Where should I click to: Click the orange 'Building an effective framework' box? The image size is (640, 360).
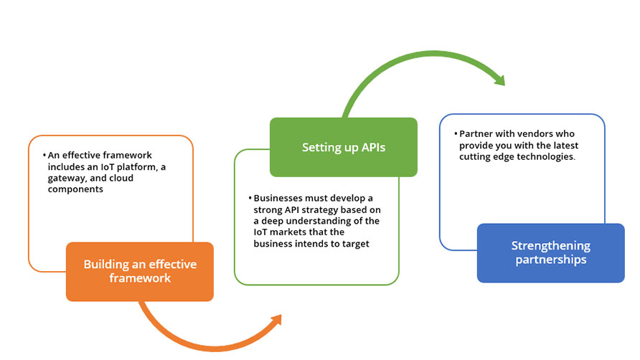coord(140,271)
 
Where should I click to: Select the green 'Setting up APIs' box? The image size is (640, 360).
coord(344,147)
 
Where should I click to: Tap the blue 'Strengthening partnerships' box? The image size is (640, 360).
coord(550,252)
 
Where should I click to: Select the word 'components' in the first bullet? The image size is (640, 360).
coord(75,189)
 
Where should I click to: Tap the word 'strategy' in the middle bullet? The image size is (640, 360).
coord(319,210)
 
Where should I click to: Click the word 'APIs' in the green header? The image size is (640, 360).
coord(374,147)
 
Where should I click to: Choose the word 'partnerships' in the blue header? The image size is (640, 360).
coord(551,260)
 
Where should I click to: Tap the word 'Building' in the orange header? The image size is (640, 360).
coord(101,265)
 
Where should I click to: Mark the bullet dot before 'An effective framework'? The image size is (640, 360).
coord(44,155)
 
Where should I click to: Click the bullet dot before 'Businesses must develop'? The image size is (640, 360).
coord(250,198)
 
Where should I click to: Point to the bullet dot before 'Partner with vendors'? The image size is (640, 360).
coord(456,133)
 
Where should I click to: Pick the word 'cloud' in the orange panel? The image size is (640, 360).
coord(121,178)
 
